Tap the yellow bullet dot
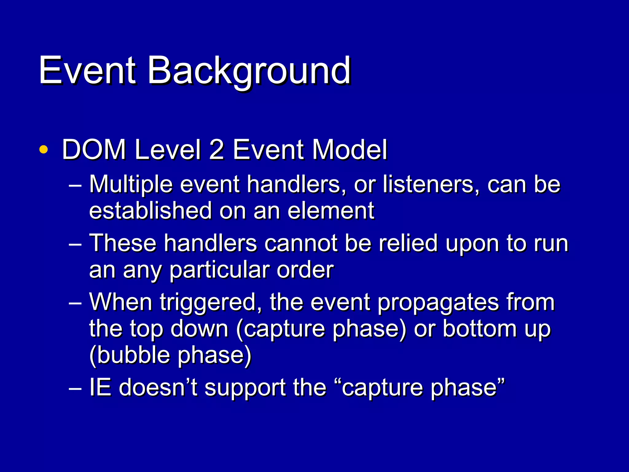(44, 150)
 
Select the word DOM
(94, 150)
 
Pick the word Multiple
(131, 185)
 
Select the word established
(150, 211)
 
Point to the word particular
(219, 270)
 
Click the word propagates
(438, 302)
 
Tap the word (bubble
(129, 355)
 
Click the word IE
(100, 387)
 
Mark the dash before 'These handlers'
(75, 245)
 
